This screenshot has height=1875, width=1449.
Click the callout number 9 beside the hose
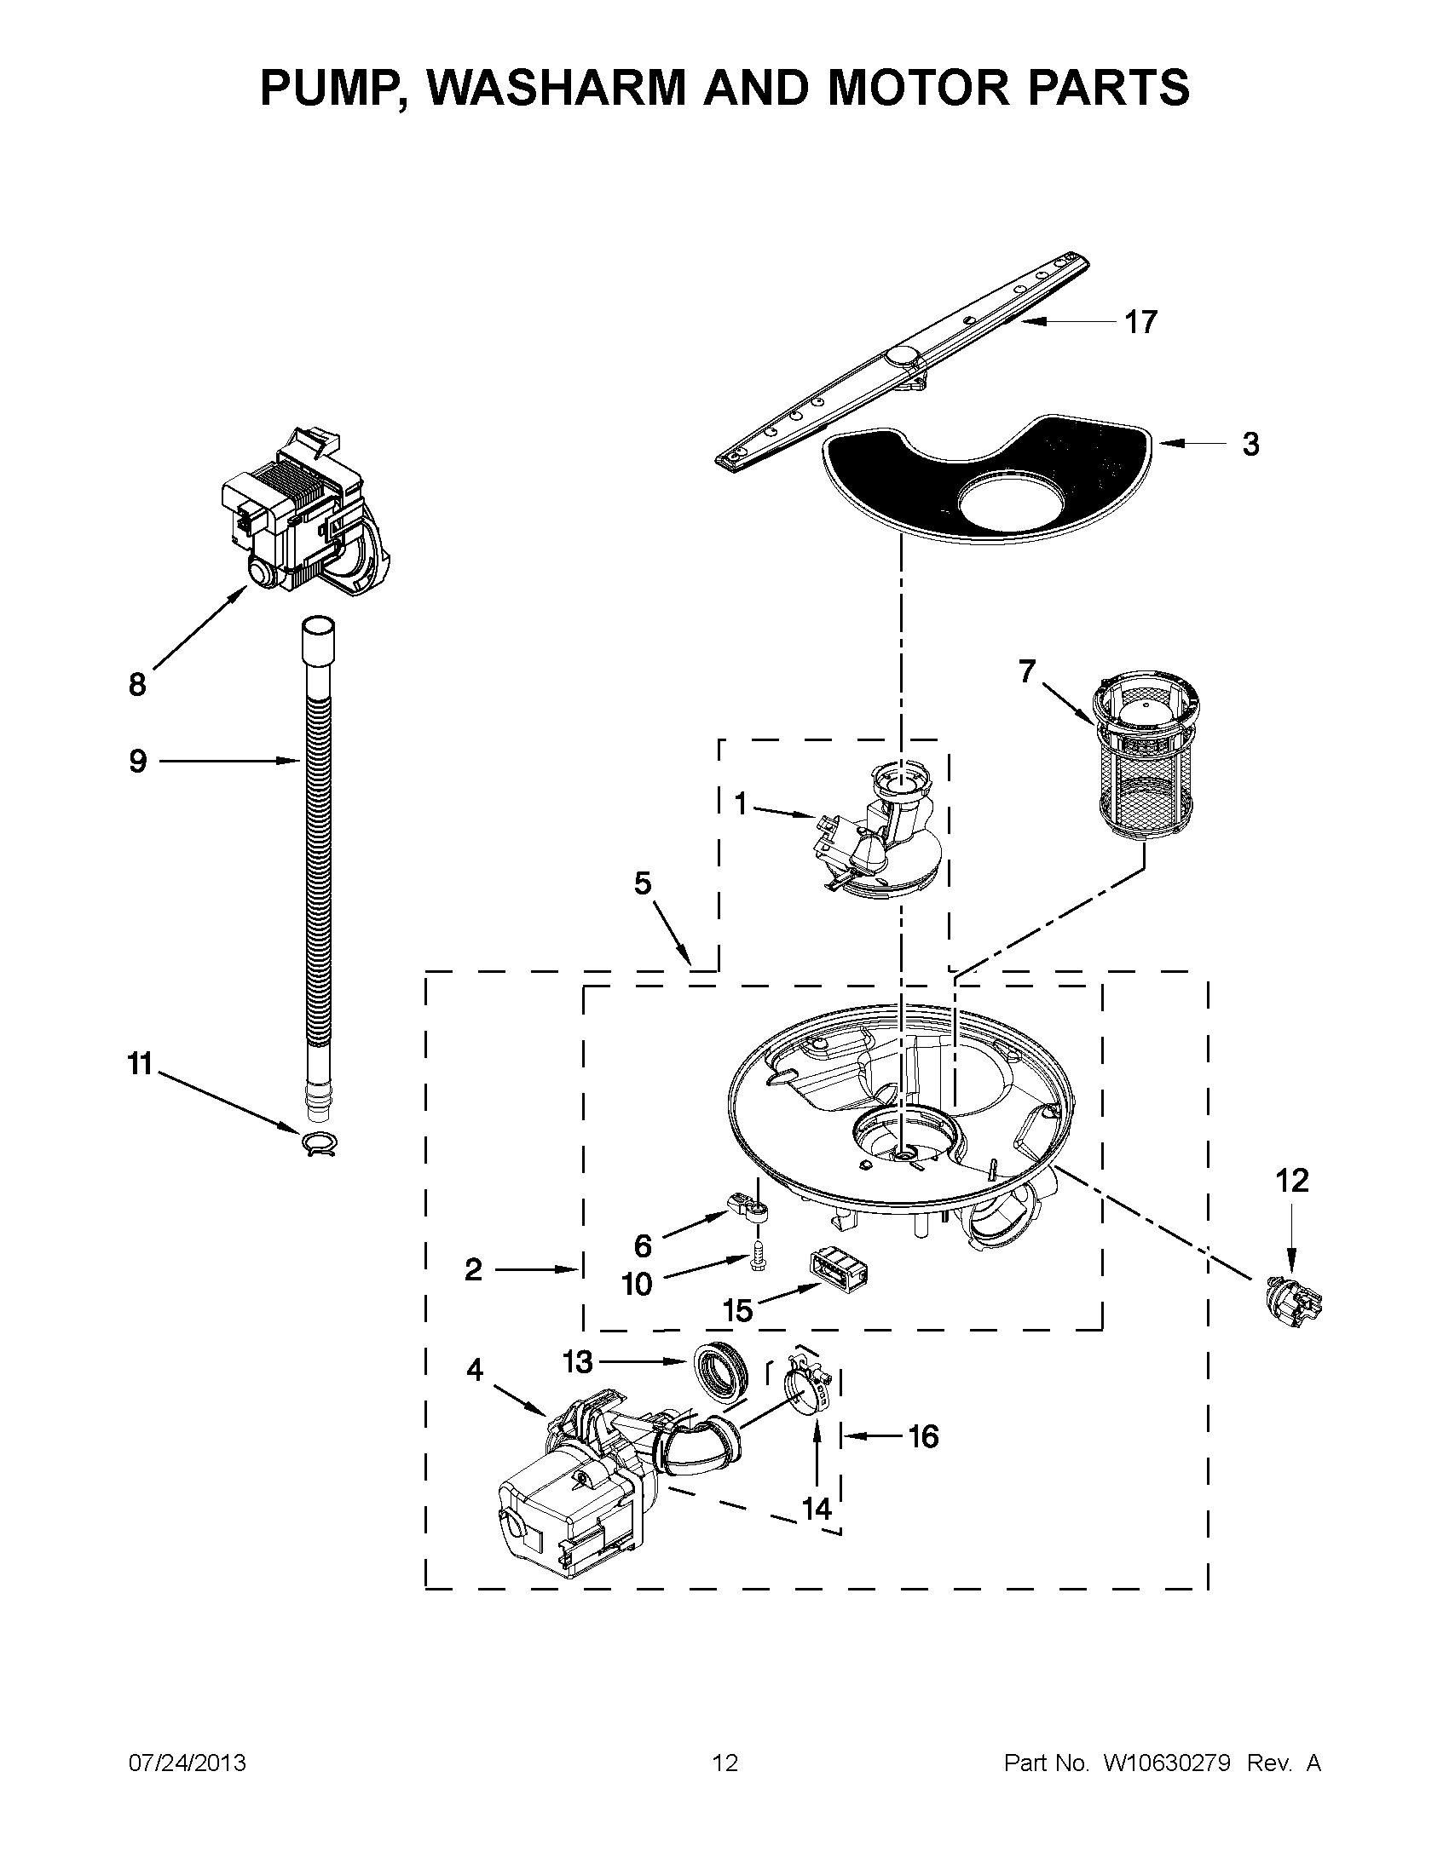click(x=137, y=761)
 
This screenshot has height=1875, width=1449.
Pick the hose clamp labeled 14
click(x=808, y=1385)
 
